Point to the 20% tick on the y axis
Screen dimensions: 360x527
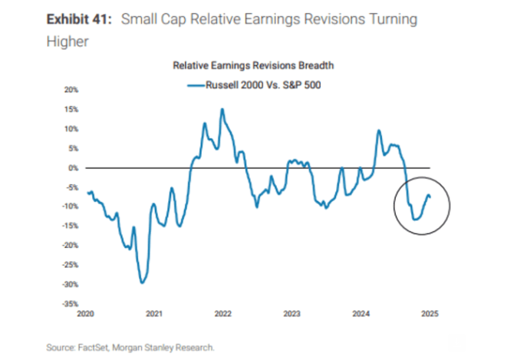[71, 90]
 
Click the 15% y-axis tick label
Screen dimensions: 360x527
[71, 109]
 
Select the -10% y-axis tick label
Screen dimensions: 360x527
[70, 206]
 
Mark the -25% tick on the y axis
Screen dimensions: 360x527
[70, 265]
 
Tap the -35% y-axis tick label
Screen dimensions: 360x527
[70, 303]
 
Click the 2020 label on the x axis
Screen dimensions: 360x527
[86, 313]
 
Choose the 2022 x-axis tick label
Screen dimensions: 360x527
[223, 313]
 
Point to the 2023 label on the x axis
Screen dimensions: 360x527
[292, 313]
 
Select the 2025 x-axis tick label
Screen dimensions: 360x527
[430, 313]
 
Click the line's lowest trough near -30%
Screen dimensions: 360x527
[141, 282]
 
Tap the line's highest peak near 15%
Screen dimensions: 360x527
[222, 109]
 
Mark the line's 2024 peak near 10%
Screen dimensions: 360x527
[379, 130]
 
